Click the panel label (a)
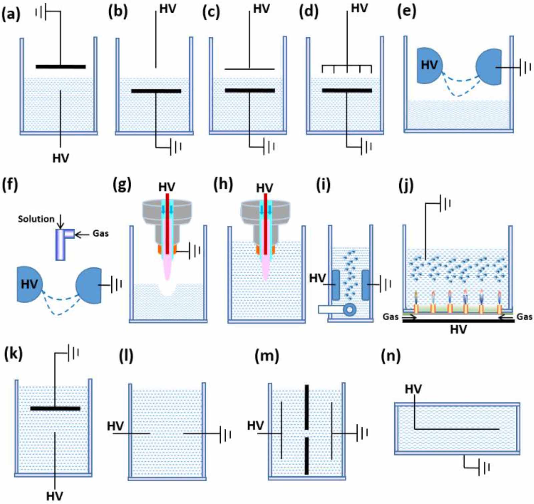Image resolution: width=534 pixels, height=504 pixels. (11, 15)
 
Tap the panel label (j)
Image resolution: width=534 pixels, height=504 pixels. (406, 186)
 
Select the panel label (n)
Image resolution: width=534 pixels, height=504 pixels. (390, 356)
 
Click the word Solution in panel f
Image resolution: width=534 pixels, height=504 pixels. (36, 219)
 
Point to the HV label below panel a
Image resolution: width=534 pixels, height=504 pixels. (60, 158)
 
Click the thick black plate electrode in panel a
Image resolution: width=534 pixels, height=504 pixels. (61, 67)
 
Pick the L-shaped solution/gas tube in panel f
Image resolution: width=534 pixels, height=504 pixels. (61, 244)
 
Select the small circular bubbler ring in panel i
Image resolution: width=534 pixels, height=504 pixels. (349, 309)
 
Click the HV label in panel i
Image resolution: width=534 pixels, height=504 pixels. (317, 278)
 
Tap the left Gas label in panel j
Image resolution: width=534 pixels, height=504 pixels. (390, 317)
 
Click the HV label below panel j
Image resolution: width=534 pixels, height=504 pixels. (458, 330)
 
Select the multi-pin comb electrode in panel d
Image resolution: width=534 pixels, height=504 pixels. (347, 68)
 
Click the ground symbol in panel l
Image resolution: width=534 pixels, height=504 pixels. (226, 434)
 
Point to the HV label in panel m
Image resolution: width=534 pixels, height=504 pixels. (255, 425)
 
